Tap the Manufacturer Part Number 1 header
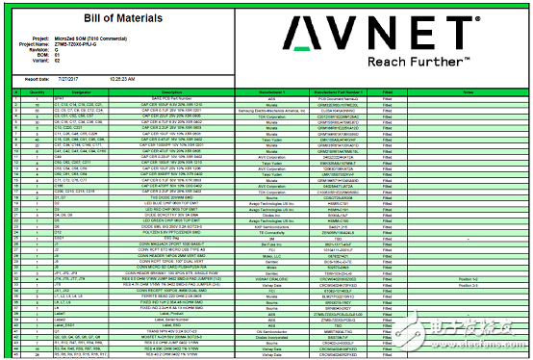338,90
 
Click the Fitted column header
387,90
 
